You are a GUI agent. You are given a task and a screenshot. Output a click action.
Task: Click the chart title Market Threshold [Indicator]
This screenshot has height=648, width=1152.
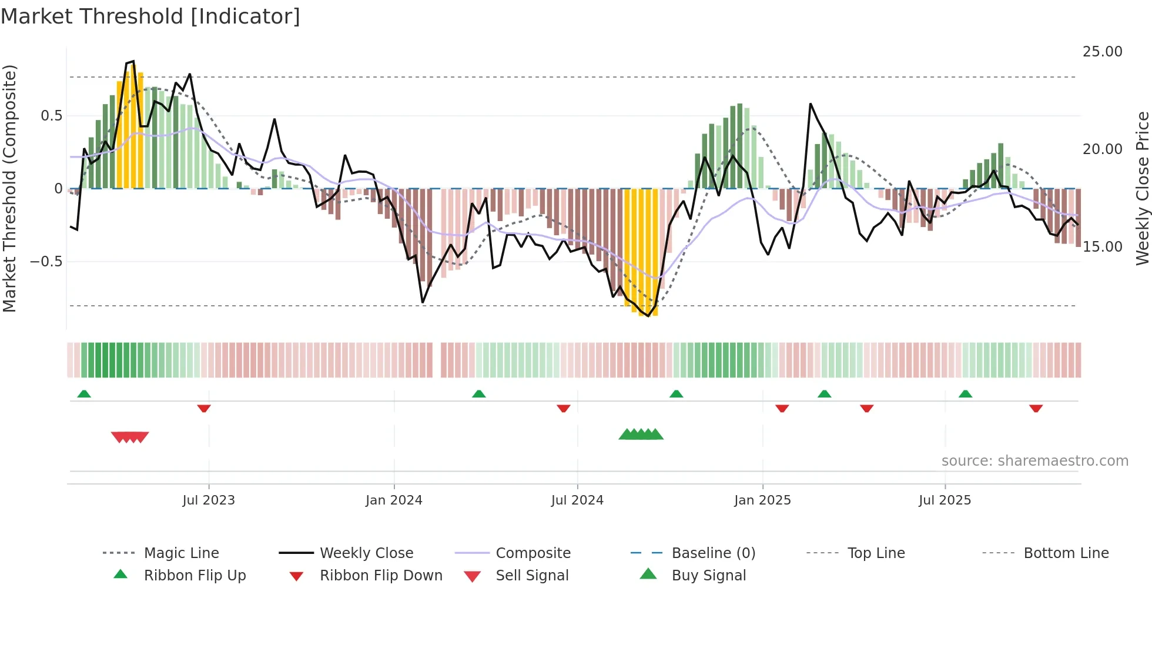click(150, 16)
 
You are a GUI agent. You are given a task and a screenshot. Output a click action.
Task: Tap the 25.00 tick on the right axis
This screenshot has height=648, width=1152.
click(1102, 52)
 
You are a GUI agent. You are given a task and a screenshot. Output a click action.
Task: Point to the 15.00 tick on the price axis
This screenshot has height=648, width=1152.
click(1102, 247)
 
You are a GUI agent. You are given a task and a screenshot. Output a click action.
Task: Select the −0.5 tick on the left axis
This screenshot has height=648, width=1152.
click(46, 261)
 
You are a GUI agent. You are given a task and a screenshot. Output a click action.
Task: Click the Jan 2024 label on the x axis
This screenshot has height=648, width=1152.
click(394, 500)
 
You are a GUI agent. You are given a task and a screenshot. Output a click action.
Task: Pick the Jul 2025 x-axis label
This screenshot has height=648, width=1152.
click(945, 500)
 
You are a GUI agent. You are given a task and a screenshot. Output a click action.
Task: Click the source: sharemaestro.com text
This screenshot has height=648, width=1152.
click(1034, 461)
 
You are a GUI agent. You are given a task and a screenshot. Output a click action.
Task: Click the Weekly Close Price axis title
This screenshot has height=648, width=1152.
click(1142, 188)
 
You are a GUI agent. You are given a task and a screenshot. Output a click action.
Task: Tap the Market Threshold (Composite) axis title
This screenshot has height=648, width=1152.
click(10, 188)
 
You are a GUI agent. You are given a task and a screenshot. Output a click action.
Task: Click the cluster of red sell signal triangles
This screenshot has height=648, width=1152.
click(130, 437)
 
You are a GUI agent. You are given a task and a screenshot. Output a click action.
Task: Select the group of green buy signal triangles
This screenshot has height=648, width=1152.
click(641, 435)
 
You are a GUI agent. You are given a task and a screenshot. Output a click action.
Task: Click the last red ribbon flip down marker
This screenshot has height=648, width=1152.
click(1036, 408)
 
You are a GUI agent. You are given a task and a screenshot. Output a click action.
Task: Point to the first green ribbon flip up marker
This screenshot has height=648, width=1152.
click(84, 394)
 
